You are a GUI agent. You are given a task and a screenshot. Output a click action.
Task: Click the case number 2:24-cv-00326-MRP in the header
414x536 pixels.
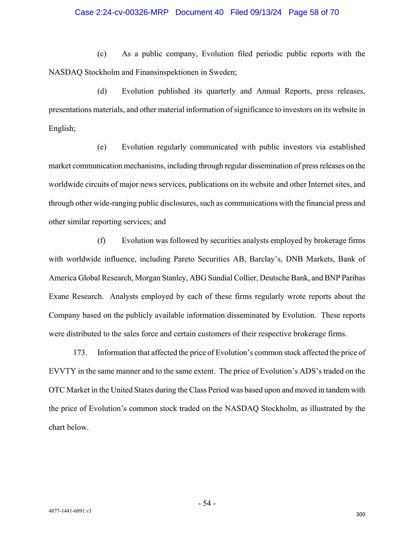121,12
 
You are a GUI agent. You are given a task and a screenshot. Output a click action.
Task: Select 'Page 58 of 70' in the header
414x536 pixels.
314,12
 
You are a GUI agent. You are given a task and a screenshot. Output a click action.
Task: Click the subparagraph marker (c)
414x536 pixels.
102,54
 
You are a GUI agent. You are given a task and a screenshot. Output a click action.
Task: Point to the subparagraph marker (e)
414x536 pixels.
102,147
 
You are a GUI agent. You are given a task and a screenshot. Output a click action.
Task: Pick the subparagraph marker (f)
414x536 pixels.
101,241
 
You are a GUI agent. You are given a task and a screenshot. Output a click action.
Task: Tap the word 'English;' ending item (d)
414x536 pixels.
62,129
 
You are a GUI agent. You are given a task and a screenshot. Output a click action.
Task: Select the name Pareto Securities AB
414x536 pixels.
209,259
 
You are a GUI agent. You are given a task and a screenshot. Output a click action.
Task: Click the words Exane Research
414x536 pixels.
76,297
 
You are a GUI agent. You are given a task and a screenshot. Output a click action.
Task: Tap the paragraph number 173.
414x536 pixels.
80,353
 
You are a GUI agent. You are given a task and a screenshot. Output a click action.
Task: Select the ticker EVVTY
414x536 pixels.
62,371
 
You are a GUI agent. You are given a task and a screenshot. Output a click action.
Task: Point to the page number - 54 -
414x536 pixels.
207,503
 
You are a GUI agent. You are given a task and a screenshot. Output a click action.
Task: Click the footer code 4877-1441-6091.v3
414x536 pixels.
70,511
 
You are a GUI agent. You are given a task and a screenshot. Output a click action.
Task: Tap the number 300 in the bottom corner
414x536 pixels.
360,514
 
